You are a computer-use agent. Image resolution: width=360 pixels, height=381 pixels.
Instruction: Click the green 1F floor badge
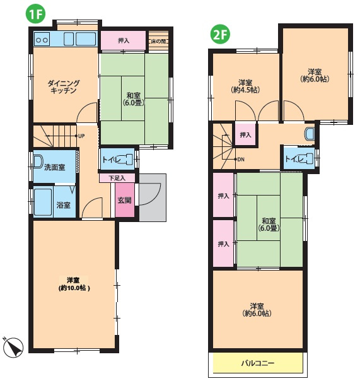click(36, 14)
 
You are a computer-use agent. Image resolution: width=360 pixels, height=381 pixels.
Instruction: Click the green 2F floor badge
click(220, 35)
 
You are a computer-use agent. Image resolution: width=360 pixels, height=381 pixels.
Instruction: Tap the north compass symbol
click(14, 348)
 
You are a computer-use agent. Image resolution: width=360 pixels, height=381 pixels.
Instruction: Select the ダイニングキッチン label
click(64, 87)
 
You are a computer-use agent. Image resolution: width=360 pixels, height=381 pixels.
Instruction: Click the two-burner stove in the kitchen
click(42, 39)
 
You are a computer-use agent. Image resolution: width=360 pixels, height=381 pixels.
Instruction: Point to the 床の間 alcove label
click(158, 41)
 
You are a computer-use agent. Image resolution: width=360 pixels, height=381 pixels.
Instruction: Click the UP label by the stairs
click(81, 136)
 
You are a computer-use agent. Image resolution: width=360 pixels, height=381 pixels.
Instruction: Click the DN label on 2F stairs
click(241, 160)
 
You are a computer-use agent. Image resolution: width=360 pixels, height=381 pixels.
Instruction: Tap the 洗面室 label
click(55, 167)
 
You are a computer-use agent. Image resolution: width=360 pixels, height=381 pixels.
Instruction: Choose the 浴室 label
click(64, 205)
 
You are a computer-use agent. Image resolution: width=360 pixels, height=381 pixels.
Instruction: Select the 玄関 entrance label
click(125, 200)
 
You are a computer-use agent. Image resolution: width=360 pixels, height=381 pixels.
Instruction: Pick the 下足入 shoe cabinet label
click(117, 178)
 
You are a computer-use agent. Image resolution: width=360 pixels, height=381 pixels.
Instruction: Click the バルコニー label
click(258, 363)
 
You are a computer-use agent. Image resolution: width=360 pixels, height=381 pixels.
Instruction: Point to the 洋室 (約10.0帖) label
click(74, 284)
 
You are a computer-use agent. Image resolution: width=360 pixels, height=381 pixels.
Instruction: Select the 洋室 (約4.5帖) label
click(245, 86)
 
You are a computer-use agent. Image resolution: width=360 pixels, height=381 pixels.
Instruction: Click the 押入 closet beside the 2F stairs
click(245, 134)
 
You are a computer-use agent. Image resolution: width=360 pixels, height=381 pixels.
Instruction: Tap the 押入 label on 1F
click(124, 40)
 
